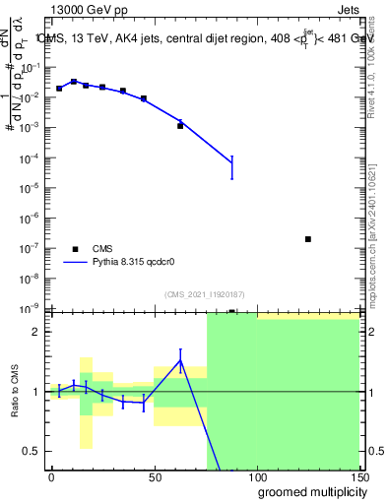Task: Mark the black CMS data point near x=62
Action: tap(180, 126)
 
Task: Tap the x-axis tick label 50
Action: tap(154, 476)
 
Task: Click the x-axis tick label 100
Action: tap(257, 476)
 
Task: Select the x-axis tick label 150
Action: tap(359, 476)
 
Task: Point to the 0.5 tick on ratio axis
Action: tap(32, 451)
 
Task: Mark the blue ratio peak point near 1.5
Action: tap(180, 360)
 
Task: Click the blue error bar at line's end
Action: tap(231, 164)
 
